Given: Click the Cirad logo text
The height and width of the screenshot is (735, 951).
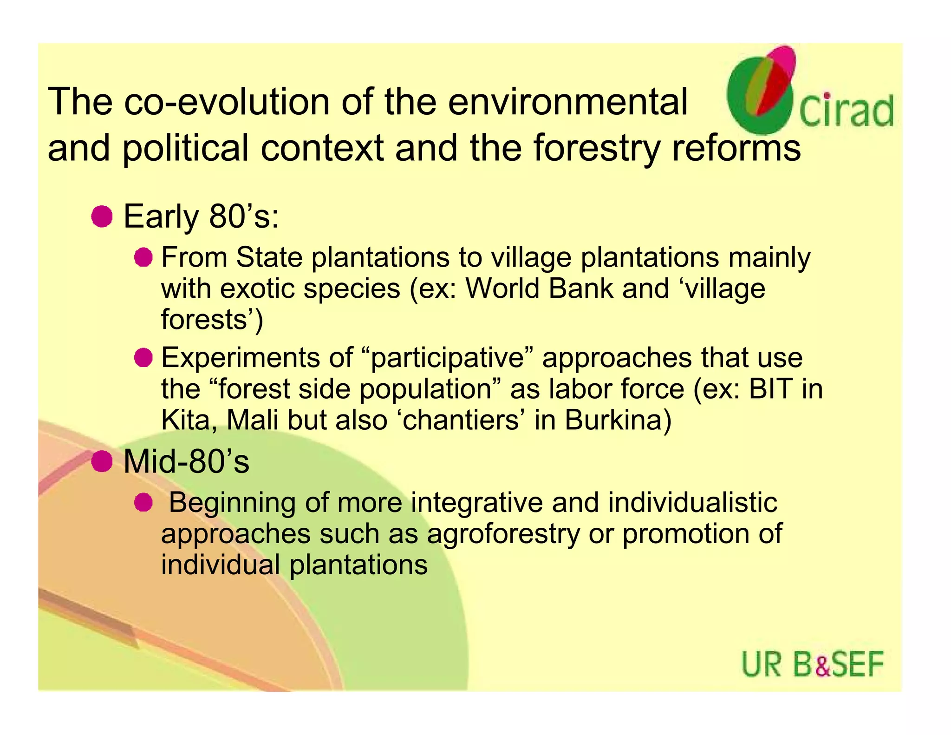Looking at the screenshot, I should tap(846, 111).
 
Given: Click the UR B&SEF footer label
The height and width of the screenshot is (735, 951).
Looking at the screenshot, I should tap(812, 664).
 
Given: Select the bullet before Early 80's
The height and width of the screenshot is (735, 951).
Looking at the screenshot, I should tap(102, 217).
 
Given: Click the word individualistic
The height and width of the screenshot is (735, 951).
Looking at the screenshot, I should tap(692, 502).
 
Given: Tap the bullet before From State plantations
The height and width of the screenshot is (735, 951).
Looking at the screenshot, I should tap(143, 257).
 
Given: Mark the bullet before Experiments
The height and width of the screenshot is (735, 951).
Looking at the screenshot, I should tap(143, 358).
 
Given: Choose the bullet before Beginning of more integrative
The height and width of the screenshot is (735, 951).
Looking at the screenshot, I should tap(143, 503).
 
